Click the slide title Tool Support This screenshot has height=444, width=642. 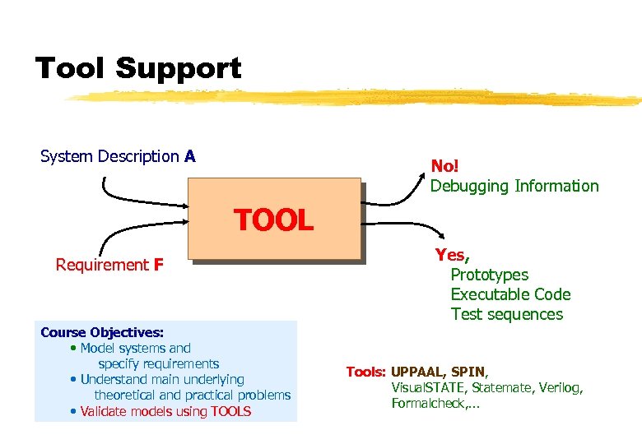(x=138, y=68)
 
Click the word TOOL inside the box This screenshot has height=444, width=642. (x=273, y=220)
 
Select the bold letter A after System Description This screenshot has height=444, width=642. (x=189, y=156)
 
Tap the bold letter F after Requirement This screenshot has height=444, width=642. (x=158, y=265)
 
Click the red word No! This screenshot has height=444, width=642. (x=445, y=166)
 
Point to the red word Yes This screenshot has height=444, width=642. (x=452, y=255)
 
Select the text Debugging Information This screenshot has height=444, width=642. (x=514, y=186)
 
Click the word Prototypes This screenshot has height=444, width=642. (x=489, y=275)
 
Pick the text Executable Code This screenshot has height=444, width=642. (x=510, y=294)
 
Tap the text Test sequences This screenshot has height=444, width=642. (x=506, y=314)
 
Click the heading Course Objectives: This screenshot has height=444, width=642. (x=102, y=332)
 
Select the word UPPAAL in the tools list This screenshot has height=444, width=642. (x=420, y=372)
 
